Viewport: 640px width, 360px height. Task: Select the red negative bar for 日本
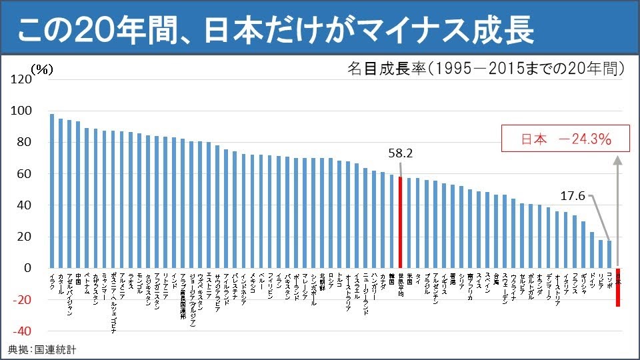tap(618, 287)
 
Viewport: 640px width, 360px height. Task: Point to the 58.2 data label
tap(400, 153)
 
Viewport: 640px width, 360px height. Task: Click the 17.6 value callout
tap(572, 196)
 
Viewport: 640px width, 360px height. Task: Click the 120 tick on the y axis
tap(22, 79)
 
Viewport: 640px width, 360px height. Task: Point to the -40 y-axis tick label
tap(21, 331)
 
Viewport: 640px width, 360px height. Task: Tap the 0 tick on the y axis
tap(28, 268)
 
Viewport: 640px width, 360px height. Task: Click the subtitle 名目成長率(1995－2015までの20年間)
tap(485, 68)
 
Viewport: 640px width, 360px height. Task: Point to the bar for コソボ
tap(609, 254)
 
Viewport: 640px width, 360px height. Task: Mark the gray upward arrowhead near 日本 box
tap(618, 161)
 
